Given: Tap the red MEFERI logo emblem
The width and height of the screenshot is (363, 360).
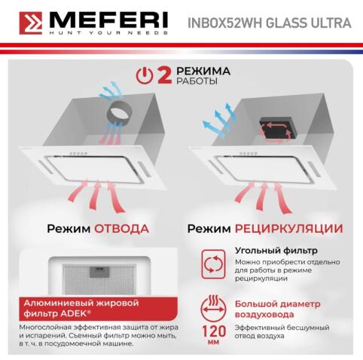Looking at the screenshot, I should click(23, 23).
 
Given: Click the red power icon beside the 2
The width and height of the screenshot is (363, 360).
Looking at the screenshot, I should click(144, 75).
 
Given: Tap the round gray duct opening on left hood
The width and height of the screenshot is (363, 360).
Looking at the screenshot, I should click(119, 114).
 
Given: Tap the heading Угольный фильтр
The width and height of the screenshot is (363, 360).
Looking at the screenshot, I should click(259, 250).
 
